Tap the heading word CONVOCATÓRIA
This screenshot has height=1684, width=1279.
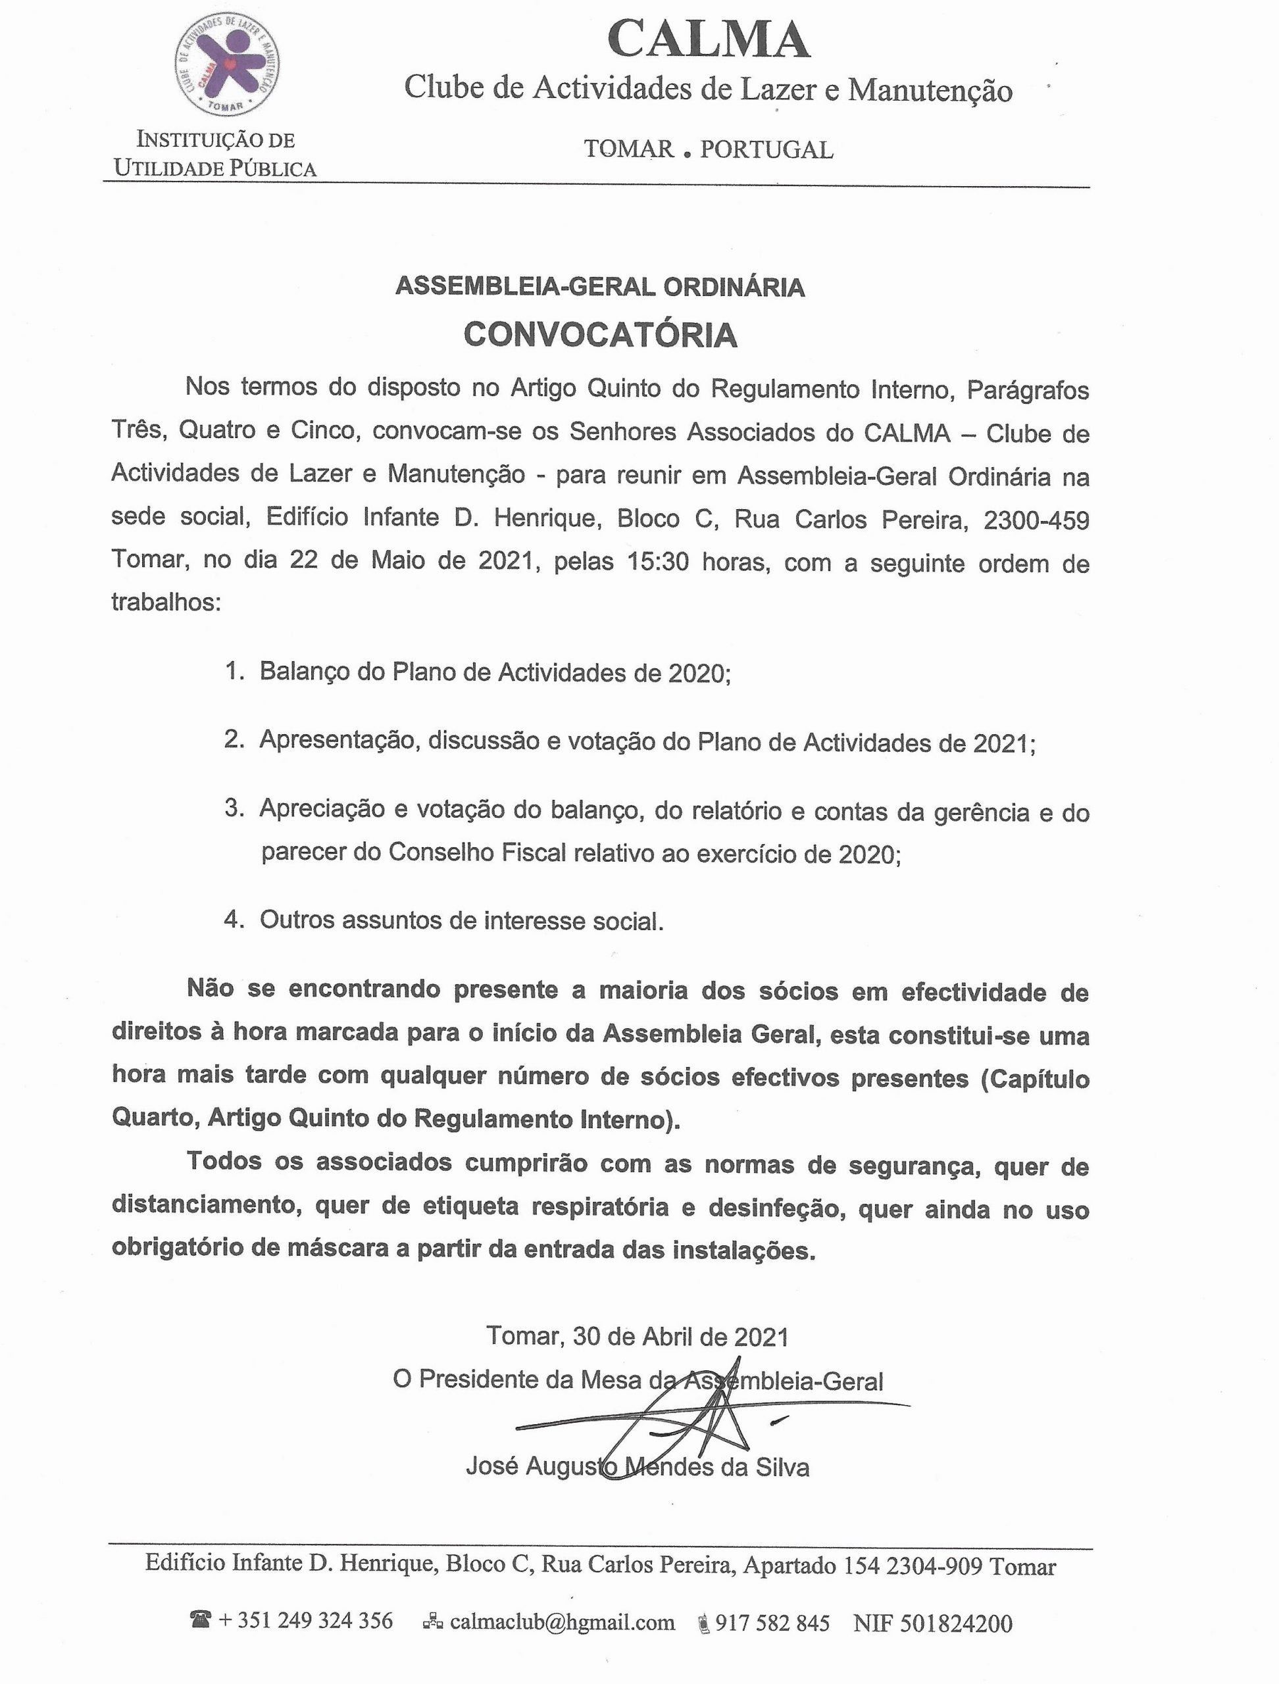[x=601, y=335]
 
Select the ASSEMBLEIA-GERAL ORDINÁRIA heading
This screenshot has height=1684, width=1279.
[x=600, y=287]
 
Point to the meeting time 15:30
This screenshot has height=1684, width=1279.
[x=658, y=562]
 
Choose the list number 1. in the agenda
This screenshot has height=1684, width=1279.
[x=234, y=672]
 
